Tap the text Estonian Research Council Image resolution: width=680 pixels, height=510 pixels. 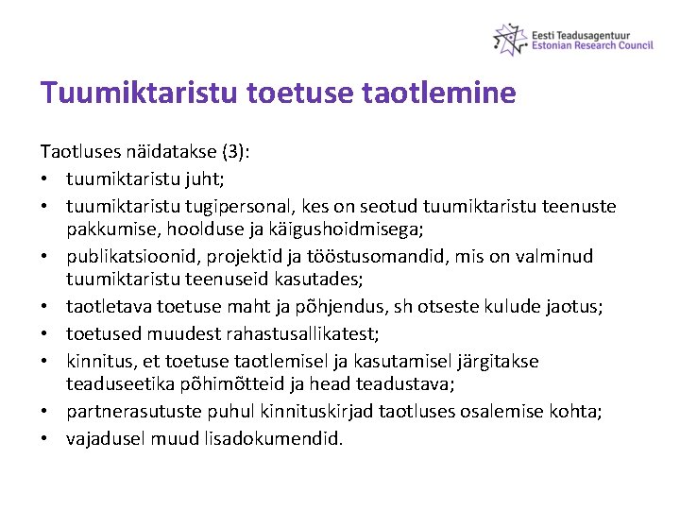[x=592, y=45]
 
